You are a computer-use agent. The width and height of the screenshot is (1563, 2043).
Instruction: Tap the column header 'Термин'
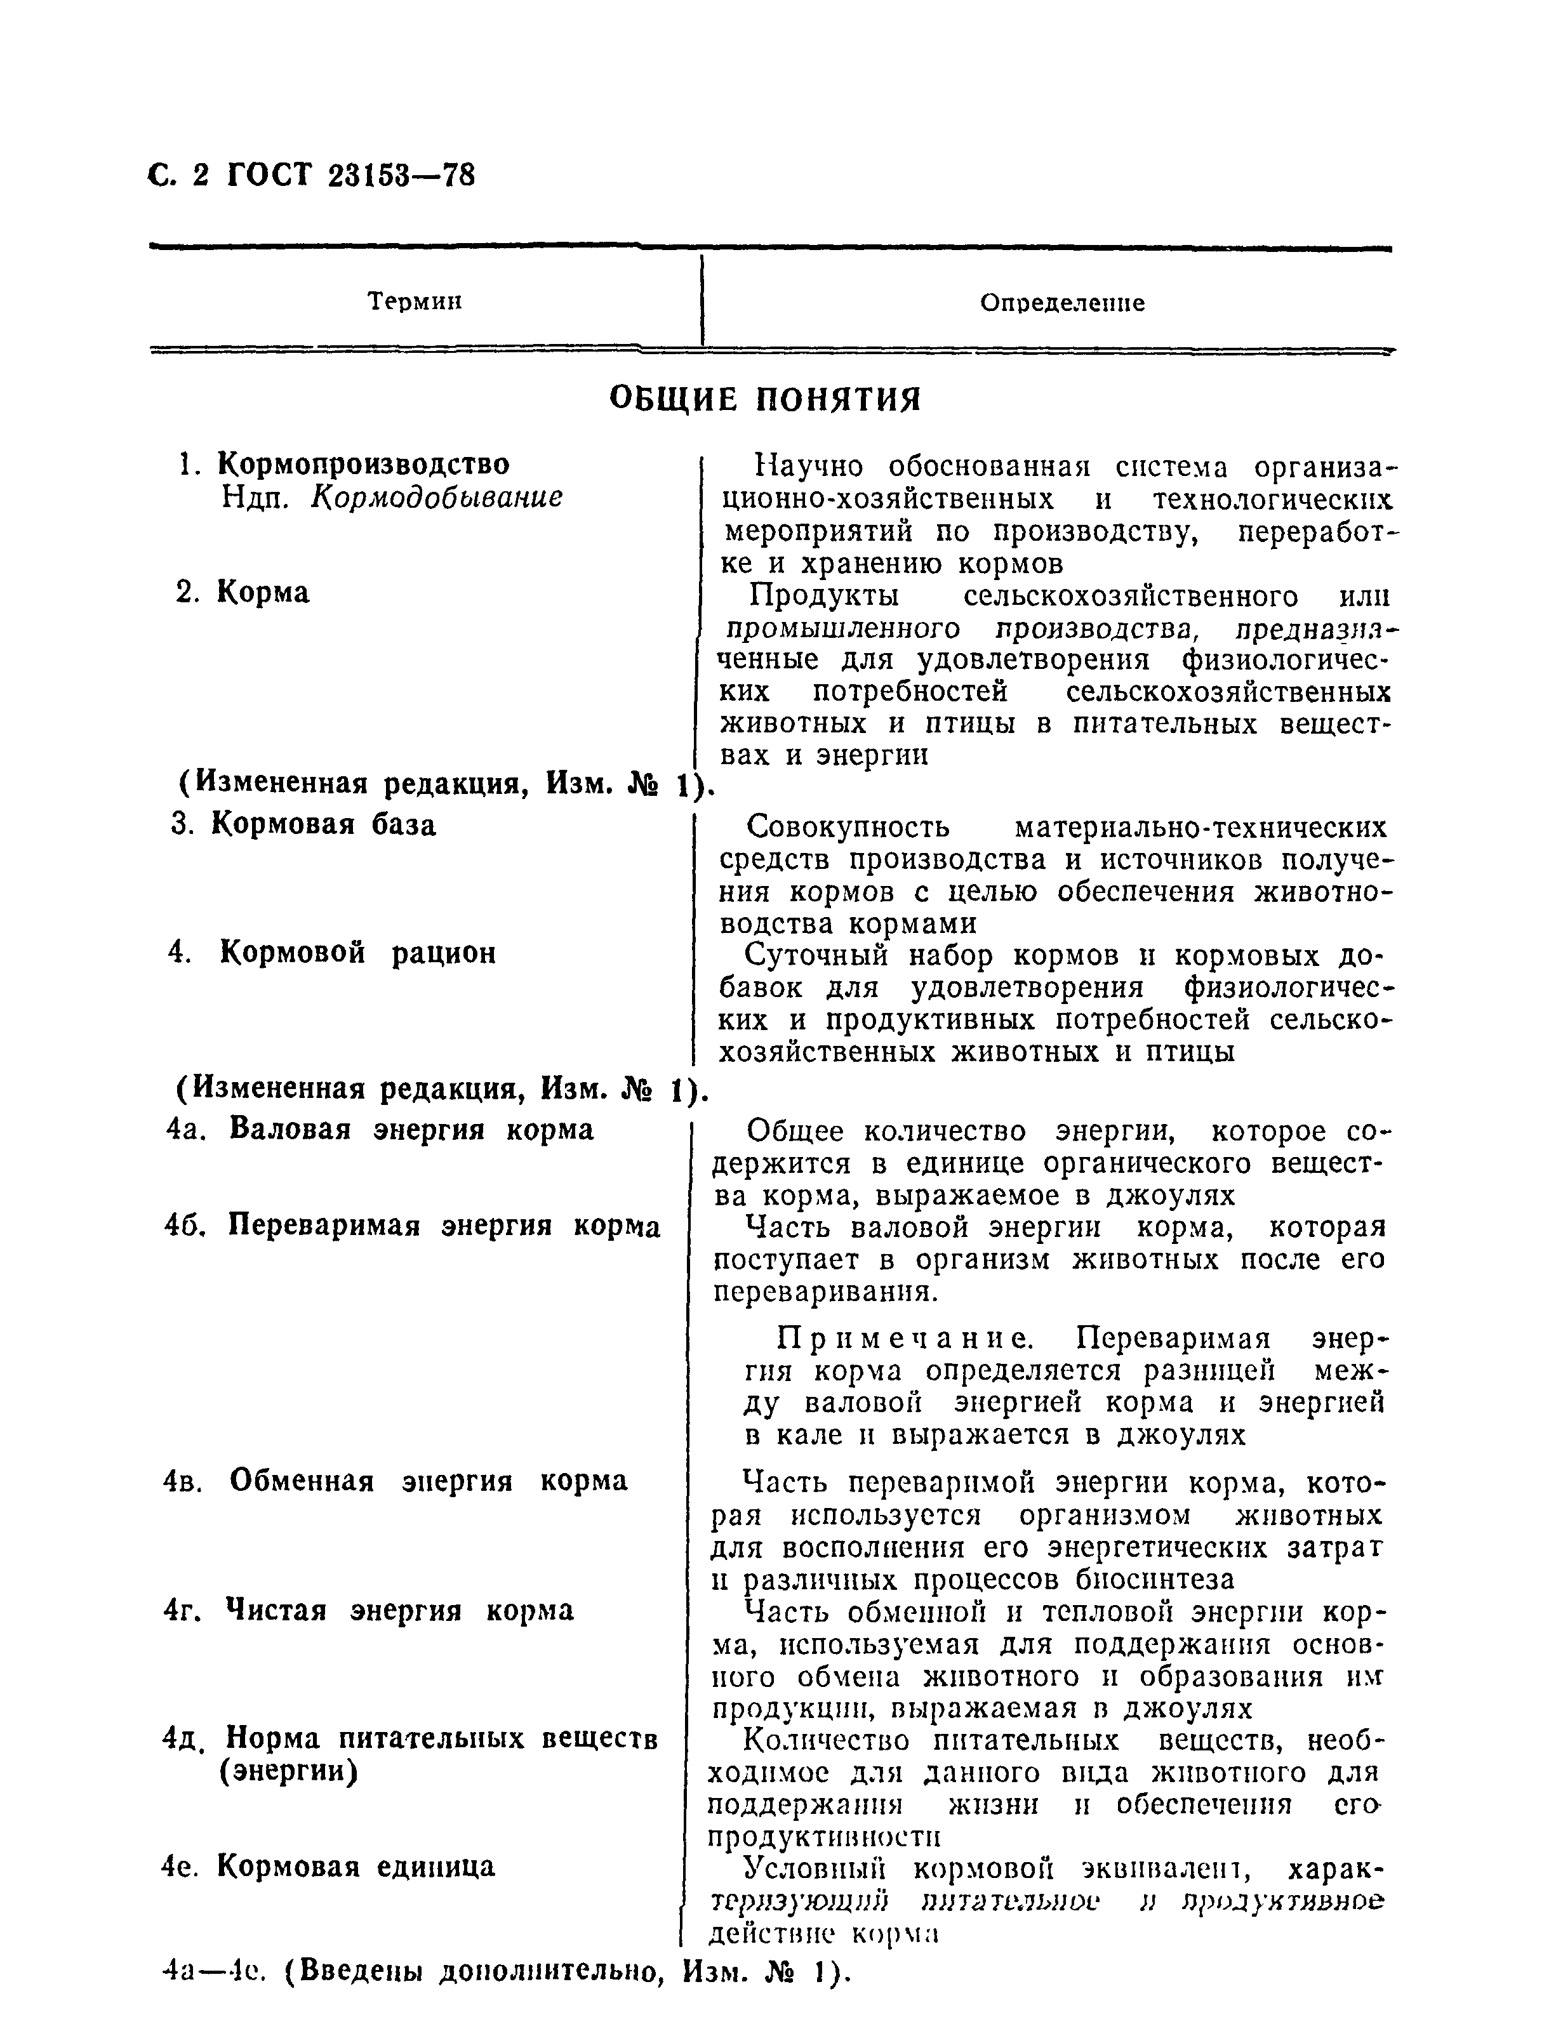tap(415, 301)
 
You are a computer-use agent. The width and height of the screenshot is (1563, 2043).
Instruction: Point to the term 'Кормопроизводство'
tap(363, 463)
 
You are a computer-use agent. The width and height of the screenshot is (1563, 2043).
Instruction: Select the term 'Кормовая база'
tap(323, 825)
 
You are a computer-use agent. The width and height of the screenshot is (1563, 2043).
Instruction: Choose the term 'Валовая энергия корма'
tap(410, 1129)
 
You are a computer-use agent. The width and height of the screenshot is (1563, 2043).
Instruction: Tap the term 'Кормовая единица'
tap(356, 1867)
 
